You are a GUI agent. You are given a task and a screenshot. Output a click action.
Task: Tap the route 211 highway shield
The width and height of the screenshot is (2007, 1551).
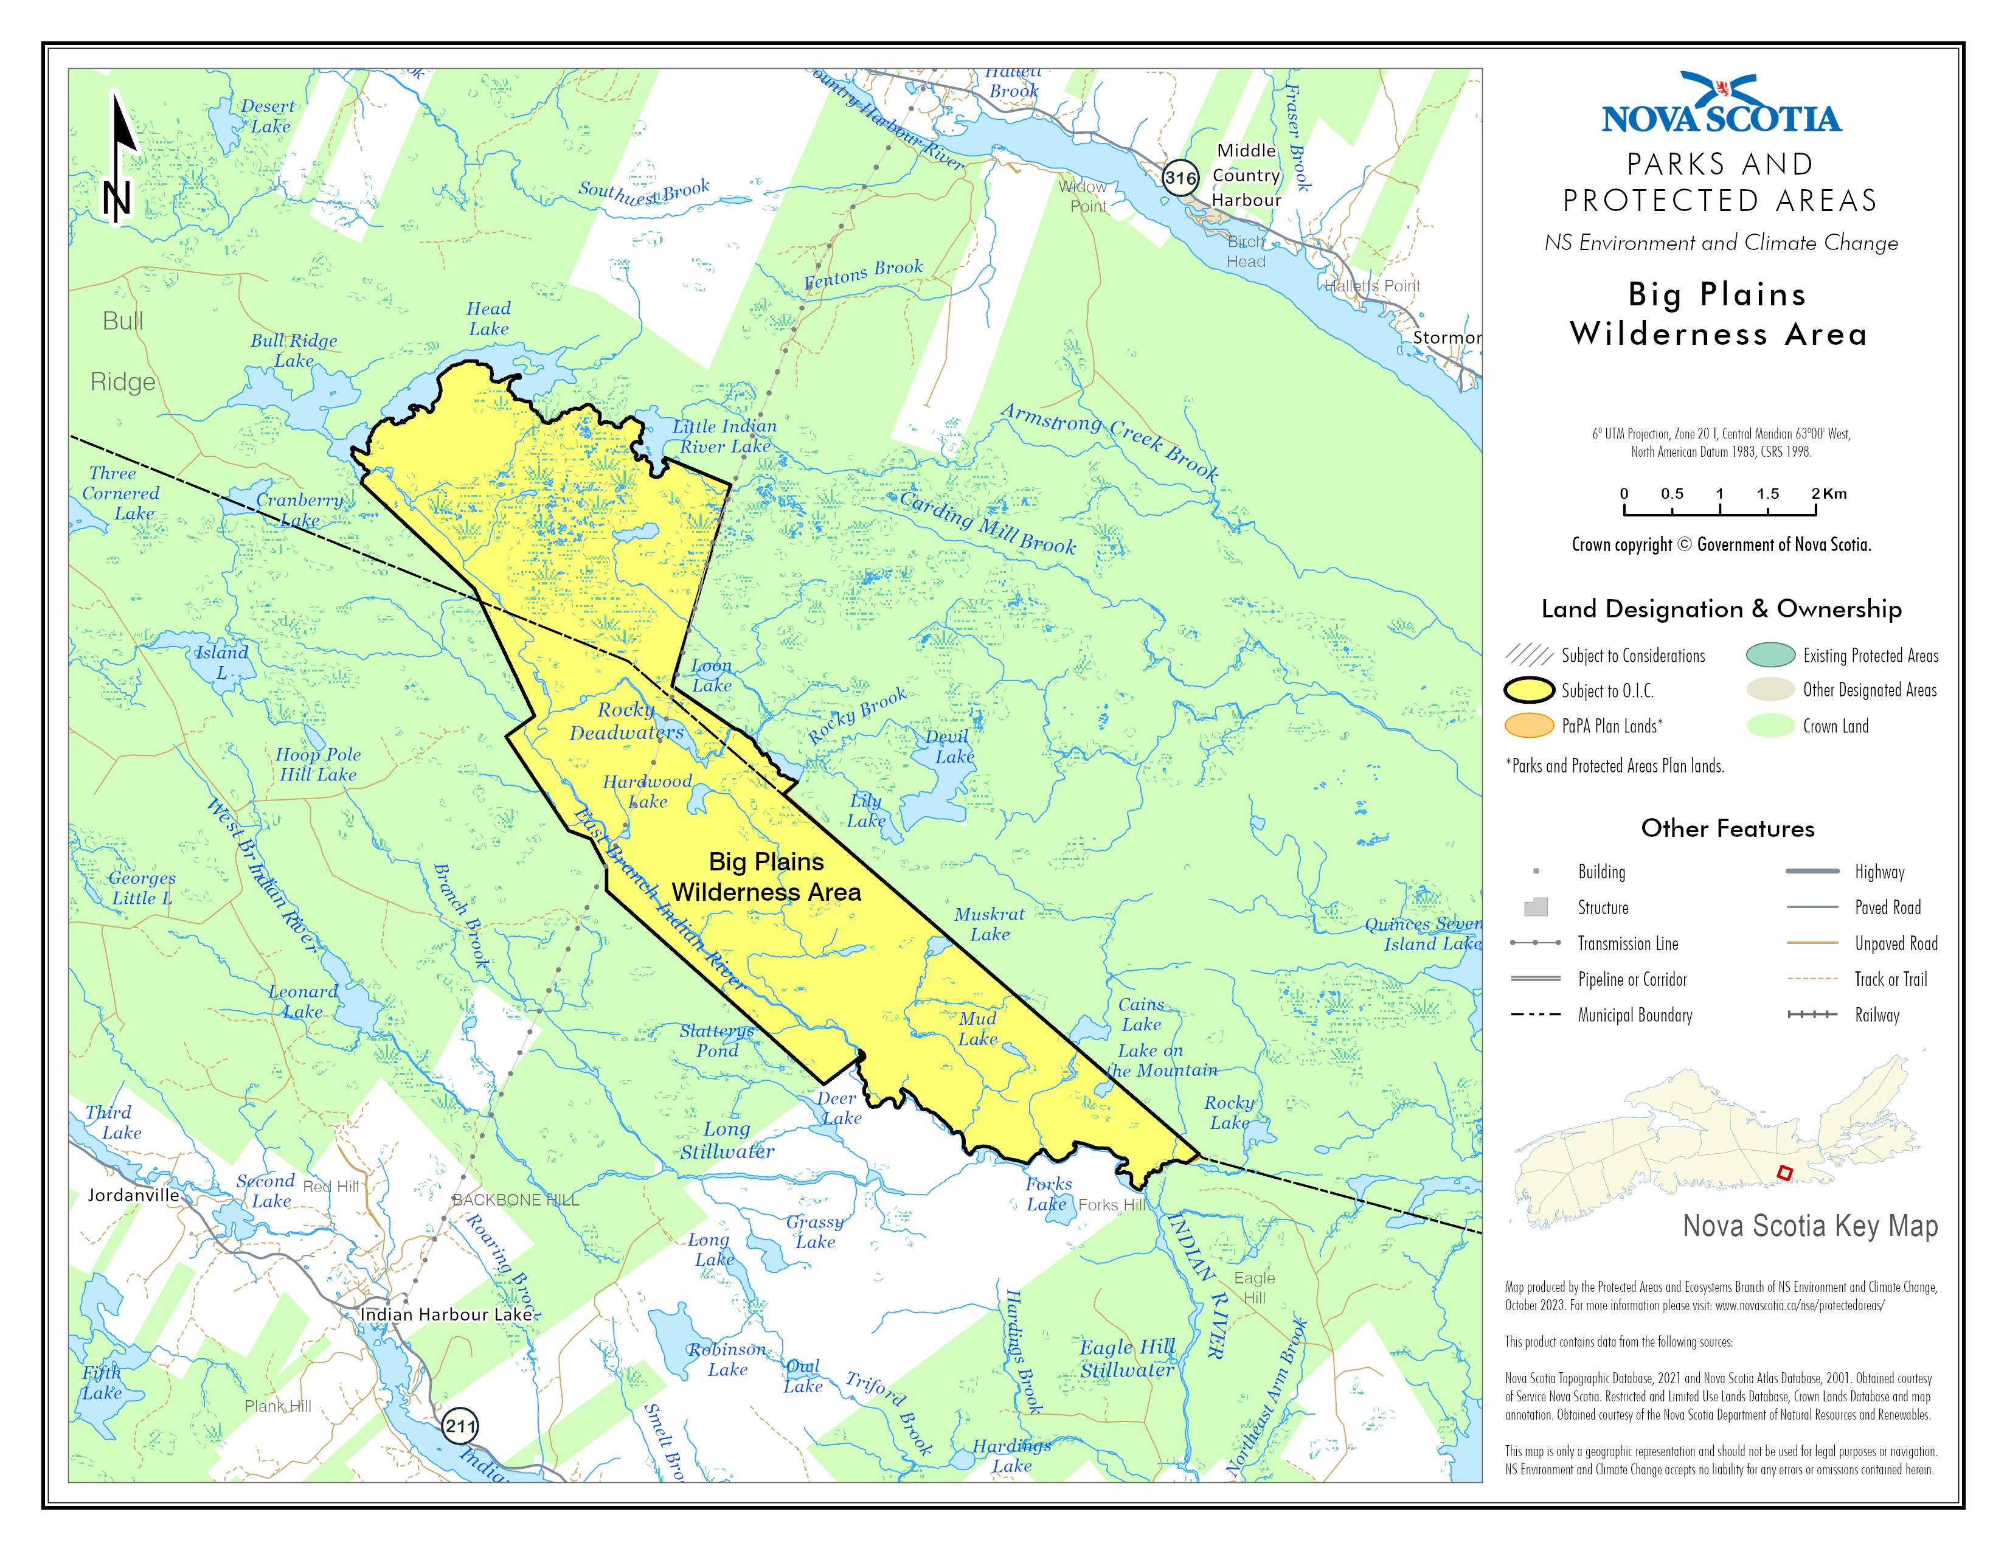[x=460, y=1426]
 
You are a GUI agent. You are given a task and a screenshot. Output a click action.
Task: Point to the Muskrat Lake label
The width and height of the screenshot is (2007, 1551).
[x=989, y=923]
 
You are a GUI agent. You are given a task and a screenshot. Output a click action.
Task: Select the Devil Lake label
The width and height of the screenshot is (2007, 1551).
[x=949, y=746]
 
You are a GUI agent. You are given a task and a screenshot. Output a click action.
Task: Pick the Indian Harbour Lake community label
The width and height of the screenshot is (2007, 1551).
[x=446, y=1314]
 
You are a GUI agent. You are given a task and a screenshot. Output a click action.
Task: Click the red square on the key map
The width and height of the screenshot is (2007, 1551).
[x=1784, y=1173]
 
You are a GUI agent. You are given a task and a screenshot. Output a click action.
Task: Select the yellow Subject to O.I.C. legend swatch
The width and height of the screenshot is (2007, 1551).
[x=1529, y=690]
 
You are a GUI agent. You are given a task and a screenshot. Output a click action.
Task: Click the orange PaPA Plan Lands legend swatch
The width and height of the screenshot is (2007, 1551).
[x=1529, y=726]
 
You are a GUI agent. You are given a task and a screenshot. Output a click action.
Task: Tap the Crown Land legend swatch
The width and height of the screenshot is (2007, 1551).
[x=1770, y=726]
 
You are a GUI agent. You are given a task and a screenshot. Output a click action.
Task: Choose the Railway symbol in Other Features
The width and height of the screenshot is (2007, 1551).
[x=1812, y=1015]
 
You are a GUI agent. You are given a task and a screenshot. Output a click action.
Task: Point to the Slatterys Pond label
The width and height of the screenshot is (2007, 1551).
[x=717, y=1040]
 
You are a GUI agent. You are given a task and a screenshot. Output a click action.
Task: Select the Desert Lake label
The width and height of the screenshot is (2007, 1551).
[x=268, y=116]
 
